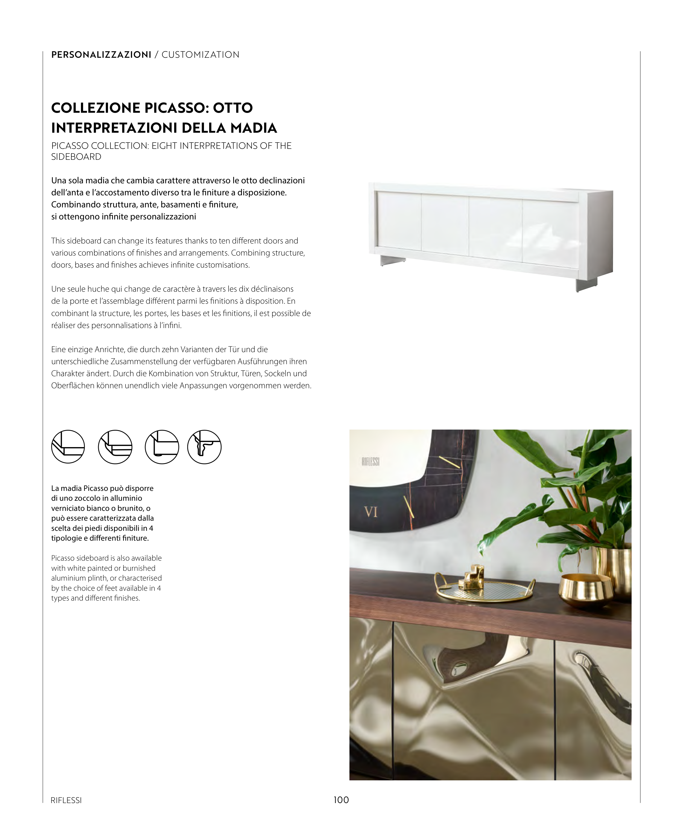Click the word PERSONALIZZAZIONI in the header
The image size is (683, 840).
(x=101, y=55)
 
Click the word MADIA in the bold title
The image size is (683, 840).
(x=254, y=128)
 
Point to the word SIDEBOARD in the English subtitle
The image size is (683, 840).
(x=76, y=157)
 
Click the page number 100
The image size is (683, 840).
(x=341, y=800)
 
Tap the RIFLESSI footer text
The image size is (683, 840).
(x=66, y=800)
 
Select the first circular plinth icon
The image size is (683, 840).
(x=68, y=447)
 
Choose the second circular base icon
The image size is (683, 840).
(x=115, y=447)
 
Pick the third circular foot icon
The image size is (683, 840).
(x=162, y=447)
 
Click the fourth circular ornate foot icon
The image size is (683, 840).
(x=204, y=447)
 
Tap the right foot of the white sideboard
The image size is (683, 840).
(x=586, y=284)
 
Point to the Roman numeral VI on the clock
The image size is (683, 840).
(x=370, y=512)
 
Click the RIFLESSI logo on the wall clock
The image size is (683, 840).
(x=370, y=461)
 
